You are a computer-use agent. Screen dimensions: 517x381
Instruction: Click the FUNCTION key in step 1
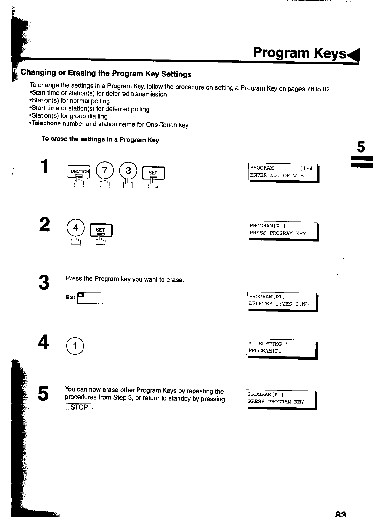(79, 172)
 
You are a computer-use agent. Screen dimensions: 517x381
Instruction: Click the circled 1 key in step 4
(75, 346)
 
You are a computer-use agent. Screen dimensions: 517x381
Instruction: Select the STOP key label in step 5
(79, 407)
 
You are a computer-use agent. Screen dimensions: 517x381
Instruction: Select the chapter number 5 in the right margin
(361, 147)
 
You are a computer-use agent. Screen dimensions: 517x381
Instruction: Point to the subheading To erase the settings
(100, 139)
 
